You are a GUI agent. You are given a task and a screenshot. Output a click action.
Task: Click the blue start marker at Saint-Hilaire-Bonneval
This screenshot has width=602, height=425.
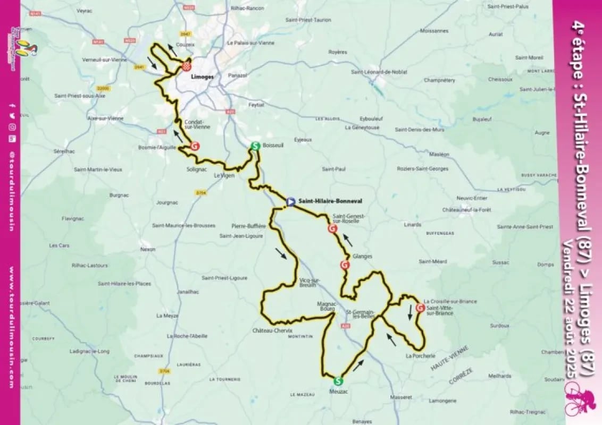click(x=290, y=202)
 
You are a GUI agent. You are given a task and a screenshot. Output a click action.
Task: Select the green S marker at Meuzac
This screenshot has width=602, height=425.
click(x=338, y=380)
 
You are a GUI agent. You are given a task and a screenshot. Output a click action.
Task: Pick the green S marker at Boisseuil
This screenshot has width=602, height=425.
click(x=255, y=146)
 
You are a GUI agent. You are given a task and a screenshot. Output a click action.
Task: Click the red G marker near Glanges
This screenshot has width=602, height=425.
click(x=345, y=265)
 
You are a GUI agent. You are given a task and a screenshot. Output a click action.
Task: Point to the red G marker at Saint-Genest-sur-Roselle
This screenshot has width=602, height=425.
click(x=333, y=229)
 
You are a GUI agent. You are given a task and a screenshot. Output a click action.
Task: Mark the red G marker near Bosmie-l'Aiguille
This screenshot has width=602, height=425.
click(x=195, y=146)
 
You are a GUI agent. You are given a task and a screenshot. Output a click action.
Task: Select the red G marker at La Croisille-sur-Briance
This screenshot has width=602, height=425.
click(x=420, y=308)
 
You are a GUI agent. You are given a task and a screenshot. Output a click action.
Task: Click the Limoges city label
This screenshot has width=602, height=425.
click(x=203, y=76)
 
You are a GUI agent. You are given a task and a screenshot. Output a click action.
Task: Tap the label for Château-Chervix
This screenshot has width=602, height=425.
click(x=272, y=330)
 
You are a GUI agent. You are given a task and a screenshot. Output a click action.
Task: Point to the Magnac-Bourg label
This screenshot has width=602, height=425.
click(x=328, y=307)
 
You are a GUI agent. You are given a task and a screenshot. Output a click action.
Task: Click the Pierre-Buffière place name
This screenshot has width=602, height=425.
click(x=248, y=226)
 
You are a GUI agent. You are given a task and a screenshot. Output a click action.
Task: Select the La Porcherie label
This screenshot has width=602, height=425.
click(x=420, y=355)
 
